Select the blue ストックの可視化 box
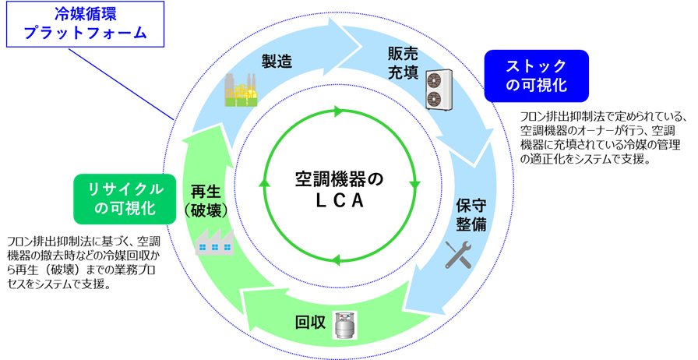point(536,76)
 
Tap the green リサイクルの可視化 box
point(124,199)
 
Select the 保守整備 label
point(471,214)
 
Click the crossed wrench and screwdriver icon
point(459,254)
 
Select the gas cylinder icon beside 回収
point(343,324)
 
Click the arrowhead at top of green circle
point(339,111)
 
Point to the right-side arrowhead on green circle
point(414,186)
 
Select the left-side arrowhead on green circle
point(264,184)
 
